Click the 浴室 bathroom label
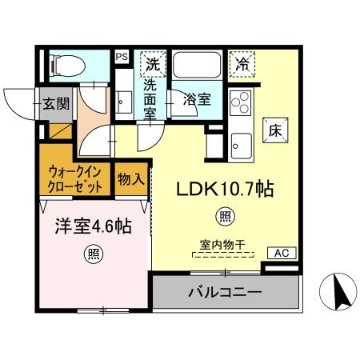click(197, 100)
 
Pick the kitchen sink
click(239, 144)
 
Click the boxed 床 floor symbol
click(274, 129)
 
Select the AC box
click(280, 253)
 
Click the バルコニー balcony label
click(225, 293)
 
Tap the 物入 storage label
click(130, 180)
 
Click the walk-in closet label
click(76, 179)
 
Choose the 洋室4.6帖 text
click(92, 226)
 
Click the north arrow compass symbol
click(338, 292)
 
